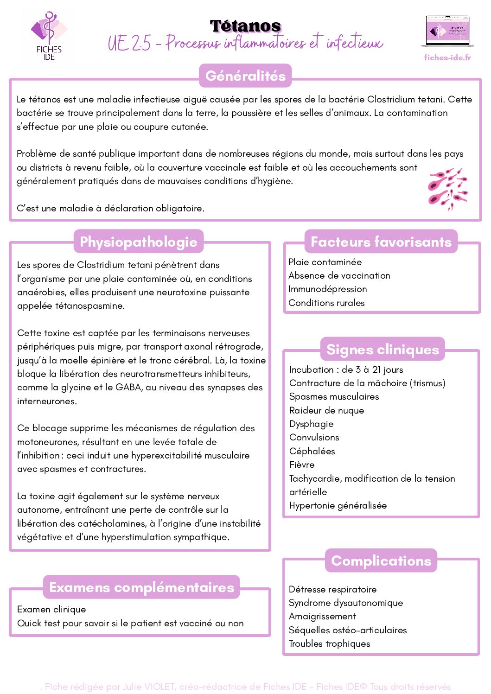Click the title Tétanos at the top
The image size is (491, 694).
(245, 26)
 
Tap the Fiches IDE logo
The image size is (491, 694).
(49, 36)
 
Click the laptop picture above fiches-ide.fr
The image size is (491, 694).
(447, 32)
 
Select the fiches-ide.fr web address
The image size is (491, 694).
(447, 57)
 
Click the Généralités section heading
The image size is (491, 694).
(245, 76)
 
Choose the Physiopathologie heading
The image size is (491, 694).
(139, 242)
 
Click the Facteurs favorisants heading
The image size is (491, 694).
(381, 242)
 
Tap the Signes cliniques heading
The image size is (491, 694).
(383, 349)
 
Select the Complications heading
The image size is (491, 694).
(381, 560)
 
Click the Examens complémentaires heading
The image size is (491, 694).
(141, 587)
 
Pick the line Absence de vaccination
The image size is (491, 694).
(339, 275)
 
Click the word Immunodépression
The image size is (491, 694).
(327, 289)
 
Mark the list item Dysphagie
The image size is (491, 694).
(311, 424)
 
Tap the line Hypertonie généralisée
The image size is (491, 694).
(338, 505)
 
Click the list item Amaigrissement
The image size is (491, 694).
(322, 616)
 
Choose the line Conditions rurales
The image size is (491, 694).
(326, 303)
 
